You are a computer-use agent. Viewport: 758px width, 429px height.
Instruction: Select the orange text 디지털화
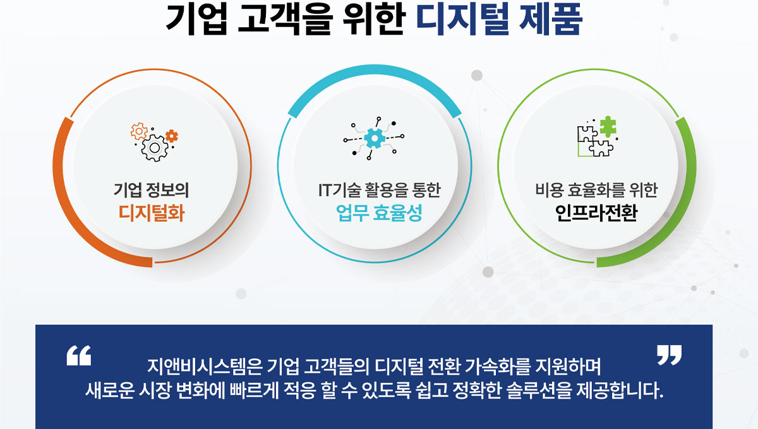[x=151, y=213]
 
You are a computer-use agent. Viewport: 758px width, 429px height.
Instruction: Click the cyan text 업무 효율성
[x=379, y=213]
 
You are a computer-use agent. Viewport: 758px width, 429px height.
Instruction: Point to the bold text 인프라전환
[x=596, y=213]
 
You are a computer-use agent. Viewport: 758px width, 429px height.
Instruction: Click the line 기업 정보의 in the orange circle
[x=151, y=190]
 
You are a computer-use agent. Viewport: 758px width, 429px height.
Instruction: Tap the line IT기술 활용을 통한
[x=380, y=190]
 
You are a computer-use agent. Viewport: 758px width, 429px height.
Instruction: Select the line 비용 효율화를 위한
[x=596, y=190]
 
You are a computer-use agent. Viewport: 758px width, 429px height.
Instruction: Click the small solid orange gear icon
[x=172, y=136]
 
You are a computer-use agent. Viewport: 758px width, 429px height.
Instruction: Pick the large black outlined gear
[x=155, y=148]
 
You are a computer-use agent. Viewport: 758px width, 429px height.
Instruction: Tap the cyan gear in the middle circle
[x=375, y=138]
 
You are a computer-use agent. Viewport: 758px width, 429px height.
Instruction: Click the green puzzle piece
[x=608, y=126]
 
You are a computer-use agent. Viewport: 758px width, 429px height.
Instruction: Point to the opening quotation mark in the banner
[x=79, y=355]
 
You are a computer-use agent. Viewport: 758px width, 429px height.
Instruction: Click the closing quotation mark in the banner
[x=670, y=355]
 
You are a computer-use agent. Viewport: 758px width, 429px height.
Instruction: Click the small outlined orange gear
[x=139, y=131]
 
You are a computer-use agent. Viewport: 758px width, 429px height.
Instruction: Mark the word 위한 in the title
[x=373, y=19]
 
